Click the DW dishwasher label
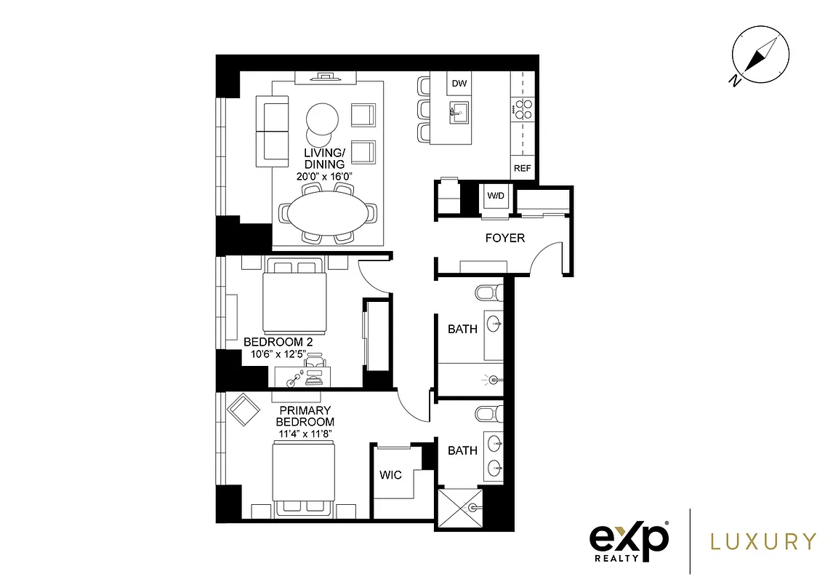click(x=459, y=84)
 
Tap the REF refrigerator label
click(x=522, y=168)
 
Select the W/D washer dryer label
click(x=495, y=196)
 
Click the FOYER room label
click(x=504, y=238)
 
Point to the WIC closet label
click(x=390, y=475)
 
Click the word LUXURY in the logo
click(x=762, y=541)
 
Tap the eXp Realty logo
click(x=629, y=541)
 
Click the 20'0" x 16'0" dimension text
click(x=324, y=175)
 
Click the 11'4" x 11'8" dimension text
click(x=305, y=434)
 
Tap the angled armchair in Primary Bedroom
click(x=243, y=409)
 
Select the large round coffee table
click(x=321, y=117)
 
